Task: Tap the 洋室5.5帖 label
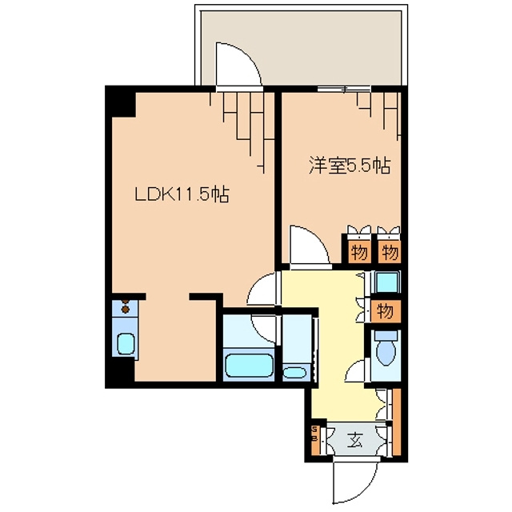[x=350, y=167]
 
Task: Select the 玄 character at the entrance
[x=353, y=439]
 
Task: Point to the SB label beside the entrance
[x=314, y=438]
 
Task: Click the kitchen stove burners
[x=126, y=306]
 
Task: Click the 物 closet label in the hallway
[x=385, y=310]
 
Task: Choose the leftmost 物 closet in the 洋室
[x=358, y=253]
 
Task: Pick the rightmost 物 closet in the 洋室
[x=389, y=253]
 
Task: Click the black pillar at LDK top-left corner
[x=121, y=102]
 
